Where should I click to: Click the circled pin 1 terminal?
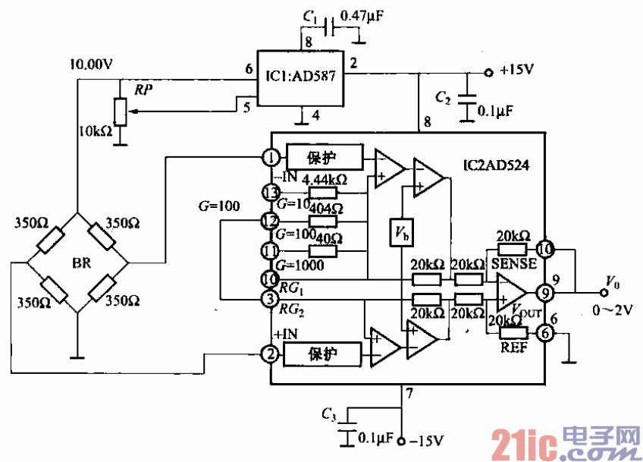(x=271, y=158)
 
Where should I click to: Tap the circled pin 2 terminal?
(x=271, y=354)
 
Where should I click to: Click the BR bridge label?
(x=81, y=263)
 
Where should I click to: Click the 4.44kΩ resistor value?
(x=324, y=180)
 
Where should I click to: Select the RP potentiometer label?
(x=141, y=90)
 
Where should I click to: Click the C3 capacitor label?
(x=328, y=413)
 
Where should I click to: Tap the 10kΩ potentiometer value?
(x=95, y=130)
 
